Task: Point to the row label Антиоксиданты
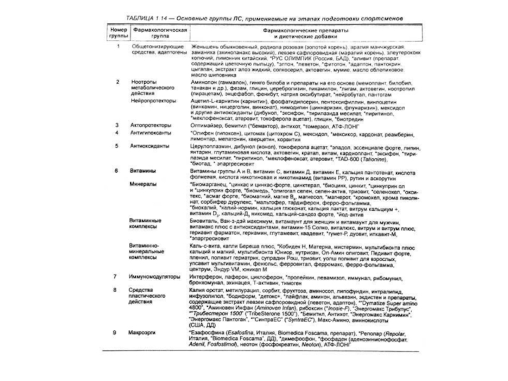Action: tap(149, 145)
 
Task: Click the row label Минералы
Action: tap(144, 183)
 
